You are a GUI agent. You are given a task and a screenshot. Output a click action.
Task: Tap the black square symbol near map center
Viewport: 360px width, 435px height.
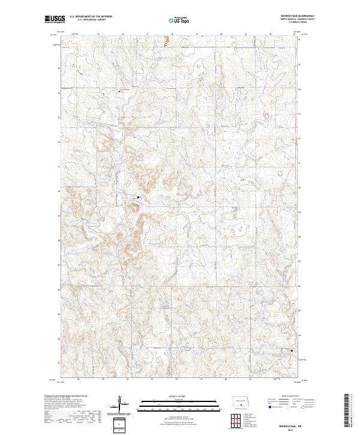[x=138, y=196]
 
